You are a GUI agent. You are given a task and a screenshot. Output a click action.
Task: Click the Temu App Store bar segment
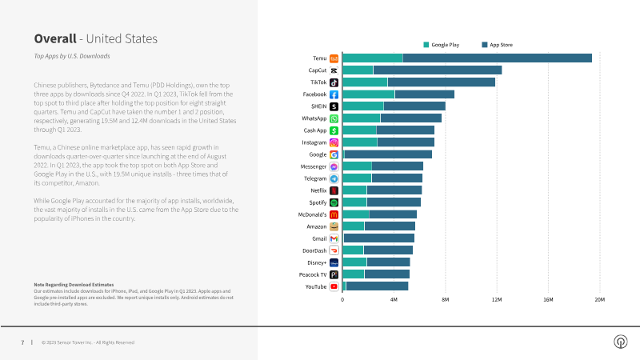(497, 58)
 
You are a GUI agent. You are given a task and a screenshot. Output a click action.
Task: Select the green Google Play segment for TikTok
(365, 82)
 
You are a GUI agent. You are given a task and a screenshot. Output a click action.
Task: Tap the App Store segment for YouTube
(377, 286)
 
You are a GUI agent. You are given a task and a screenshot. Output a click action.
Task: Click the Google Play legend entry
(443, 45)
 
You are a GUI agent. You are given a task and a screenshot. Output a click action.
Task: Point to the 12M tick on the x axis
(497, 300)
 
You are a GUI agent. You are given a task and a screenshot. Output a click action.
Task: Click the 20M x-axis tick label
(599, 300)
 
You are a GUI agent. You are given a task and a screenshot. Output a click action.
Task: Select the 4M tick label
(394, 300)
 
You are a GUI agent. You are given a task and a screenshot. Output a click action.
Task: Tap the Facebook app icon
(334, 94)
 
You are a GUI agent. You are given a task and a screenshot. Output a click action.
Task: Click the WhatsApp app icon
(334, 118)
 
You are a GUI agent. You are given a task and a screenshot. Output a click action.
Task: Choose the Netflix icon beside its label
(334, 190)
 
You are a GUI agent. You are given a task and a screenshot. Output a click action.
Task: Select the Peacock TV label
(312, 274)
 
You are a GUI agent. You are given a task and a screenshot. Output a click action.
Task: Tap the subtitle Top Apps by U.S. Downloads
(72, 56)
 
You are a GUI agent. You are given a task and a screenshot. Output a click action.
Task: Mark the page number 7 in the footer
(22, 342)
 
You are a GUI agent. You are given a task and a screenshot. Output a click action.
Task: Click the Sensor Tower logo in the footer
(619, 342)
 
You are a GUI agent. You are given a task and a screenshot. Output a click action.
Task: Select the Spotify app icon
(334, 202)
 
